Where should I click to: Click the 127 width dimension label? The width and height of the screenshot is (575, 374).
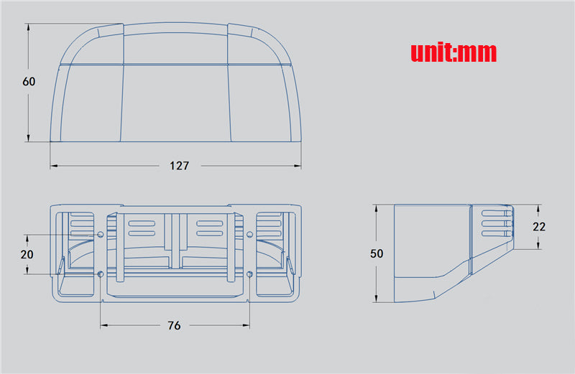[179, 166]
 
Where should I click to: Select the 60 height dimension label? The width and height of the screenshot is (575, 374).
[29, 81]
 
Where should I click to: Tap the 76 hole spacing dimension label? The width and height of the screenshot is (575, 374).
[174, 325]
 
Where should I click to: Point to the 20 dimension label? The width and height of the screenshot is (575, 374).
[27, 254]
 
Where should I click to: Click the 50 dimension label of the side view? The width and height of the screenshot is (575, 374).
[377, 253]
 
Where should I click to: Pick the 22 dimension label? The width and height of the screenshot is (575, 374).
[539, 227]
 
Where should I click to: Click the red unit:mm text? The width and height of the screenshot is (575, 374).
[454, 52]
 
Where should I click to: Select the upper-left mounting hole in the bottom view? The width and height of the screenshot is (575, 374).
[101, 235]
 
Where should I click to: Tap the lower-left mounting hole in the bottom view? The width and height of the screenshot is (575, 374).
[101, 274]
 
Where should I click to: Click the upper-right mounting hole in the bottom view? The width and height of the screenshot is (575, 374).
[249, 235]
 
